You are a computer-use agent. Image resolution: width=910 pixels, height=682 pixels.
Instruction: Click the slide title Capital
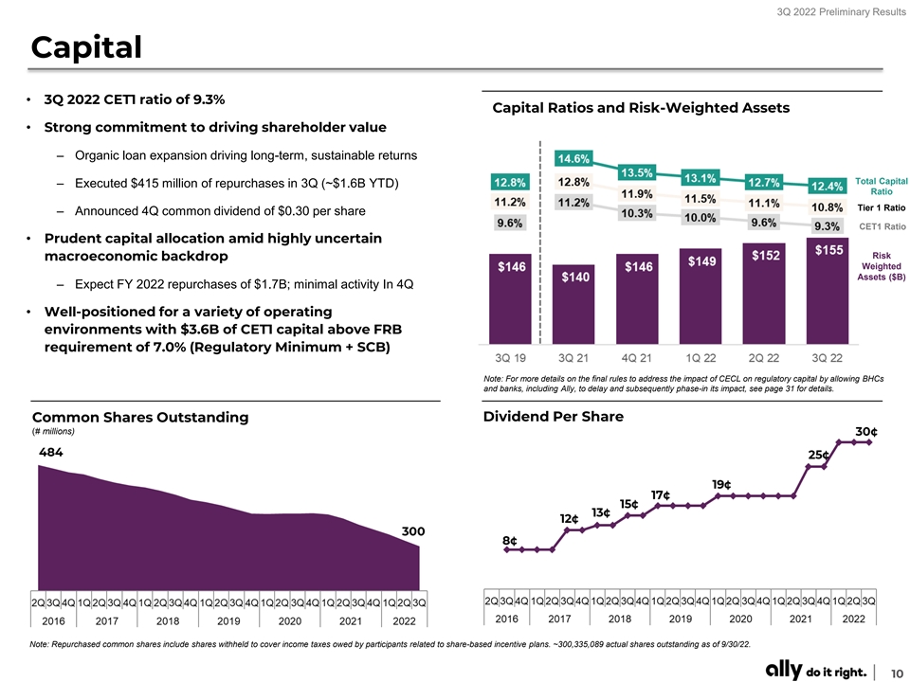tap(86, 47)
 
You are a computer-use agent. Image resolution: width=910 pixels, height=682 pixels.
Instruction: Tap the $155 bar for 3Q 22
tap(827, 291)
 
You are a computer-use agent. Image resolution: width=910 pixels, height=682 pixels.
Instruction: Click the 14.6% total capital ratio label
tap(573, 158)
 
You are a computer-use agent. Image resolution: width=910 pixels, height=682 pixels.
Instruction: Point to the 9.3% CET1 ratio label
tap(827, 226)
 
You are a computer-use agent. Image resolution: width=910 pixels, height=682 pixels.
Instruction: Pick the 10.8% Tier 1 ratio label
tap(827, 207)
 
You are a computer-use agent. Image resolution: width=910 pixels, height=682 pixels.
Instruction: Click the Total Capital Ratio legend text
tap(881, 187)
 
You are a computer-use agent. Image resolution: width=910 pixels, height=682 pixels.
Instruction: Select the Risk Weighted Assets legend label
tap(881, 266)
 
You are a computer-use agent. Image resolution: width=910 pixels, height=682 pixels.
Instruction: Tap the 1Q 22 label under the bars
tap(700, 358)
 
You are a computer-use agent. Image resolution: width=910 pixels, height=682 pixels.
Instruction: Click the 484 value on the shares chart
tap(50, 452)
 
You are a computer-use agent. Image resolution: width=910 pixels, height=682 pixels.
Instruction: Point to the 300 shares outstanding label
tap(413, 531)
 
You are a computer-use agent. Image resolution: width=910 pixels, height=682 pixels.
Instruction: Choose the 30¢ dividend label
tap(866, 432)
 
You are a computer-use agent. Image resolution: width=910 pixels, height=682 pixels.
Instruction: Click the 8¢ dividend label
tap(510, 540)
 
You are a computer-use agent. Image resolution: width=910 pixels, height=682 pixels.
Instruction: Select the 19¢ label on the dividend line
tap(721, 484)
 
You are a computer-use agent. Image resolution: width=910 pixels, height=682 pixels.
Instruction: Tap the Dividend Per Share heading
tap(553, 417)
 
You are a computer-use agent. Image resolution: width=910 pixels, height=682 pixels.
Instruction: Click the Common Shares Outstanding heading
tap(140, 417)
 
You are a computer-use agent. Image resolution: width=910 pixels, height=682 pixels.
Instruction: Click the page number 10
tap(897, 673)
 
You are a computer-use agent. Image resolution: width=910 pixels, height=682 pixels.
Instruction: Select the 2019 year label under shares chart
tap(228, 620)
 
